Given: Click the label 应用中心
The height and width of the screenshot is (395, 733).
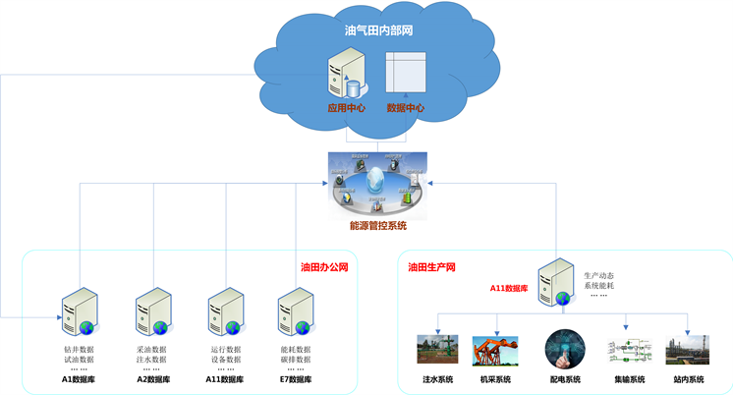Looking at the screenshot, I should point(346,108).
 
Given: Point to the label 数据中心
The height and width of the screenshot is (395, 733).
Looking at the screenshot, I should point(405,108).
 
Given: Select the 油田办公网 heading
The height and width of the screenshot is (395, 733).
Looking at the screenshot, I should point(324,266).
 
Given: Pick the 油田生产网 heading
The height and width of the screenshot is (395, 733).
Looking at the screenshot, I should point(431,266).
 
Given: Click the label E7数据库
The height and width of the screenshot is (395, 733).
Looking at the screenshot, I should point(296,379).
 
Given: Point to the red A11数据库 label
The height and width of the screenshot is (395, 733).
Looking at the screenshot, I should point(510,289).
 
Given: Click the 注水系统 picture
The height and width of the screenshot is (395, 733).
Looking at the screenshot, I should point(437,350).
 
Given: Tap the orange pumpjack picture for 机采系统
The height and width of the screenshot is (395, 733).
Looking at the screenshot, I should point(495,351).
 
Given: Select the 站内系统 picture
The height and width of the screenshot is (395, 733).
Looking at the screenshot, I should point(687,350).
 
